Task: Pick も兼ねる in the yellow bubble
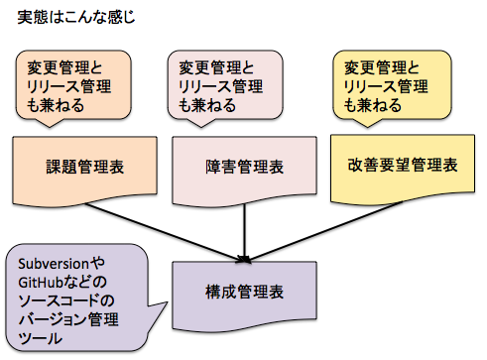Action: pyautogui.click(x=372, y=105)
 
